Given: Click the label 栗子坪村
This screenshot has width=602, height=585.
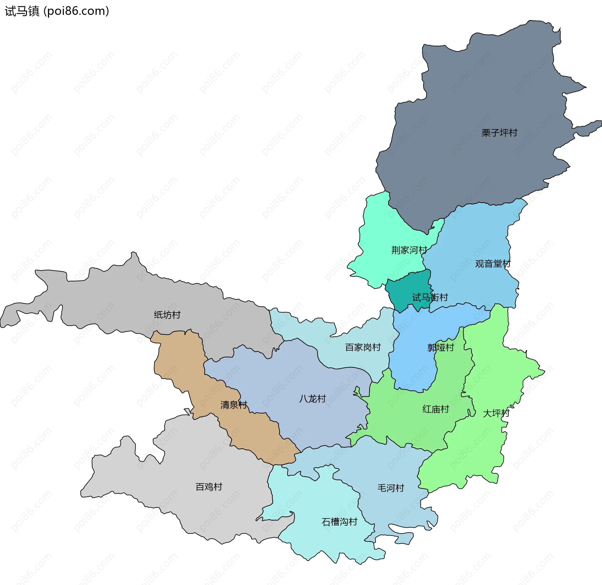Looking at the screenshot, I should click(x=499, y=133).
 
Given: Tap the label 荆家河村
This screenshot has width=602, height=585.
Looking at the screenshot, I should click(x=409, y=250).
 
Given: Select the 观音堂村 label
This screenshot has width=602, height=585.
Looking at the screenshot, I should click(x=493, y=264).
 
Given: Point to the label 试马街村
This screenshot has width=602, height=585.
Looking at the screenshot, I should click(x=430, y=297).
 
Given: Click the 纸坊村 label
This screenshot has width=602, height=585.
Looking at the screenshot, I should click(x=167, y=315).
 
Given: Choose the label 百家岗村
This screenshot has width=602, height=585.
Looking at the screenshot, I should click(x=363, y=347).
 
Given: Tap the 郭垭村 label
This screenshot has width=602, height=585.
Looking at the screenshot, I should click(x=441, y=347).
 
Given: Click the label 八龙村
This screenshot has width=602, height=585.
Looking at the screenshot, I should click(x=312, y=399).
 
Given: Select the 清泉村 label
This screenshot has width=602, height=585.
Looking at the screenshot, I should click(x=234, y=405).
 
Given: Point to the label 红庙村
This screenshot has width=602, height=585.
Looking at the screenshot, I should click(x=436, y=409).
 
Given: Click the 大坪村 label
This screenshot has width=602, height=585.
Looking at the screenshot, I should click(x=496, y=413).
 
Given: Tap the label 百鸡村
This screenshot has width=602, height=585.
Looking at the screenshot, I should click(x=209, y=487).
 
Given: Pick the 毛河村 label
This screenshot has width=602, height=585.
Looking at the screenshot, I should click(x=391, y=488).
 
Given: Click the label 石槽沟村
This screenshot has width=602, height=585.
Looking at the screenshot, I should click(x=340, y=522).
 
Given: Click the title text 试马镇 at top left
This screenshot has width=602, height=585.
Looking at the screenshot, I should click(x=22, y=11).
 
